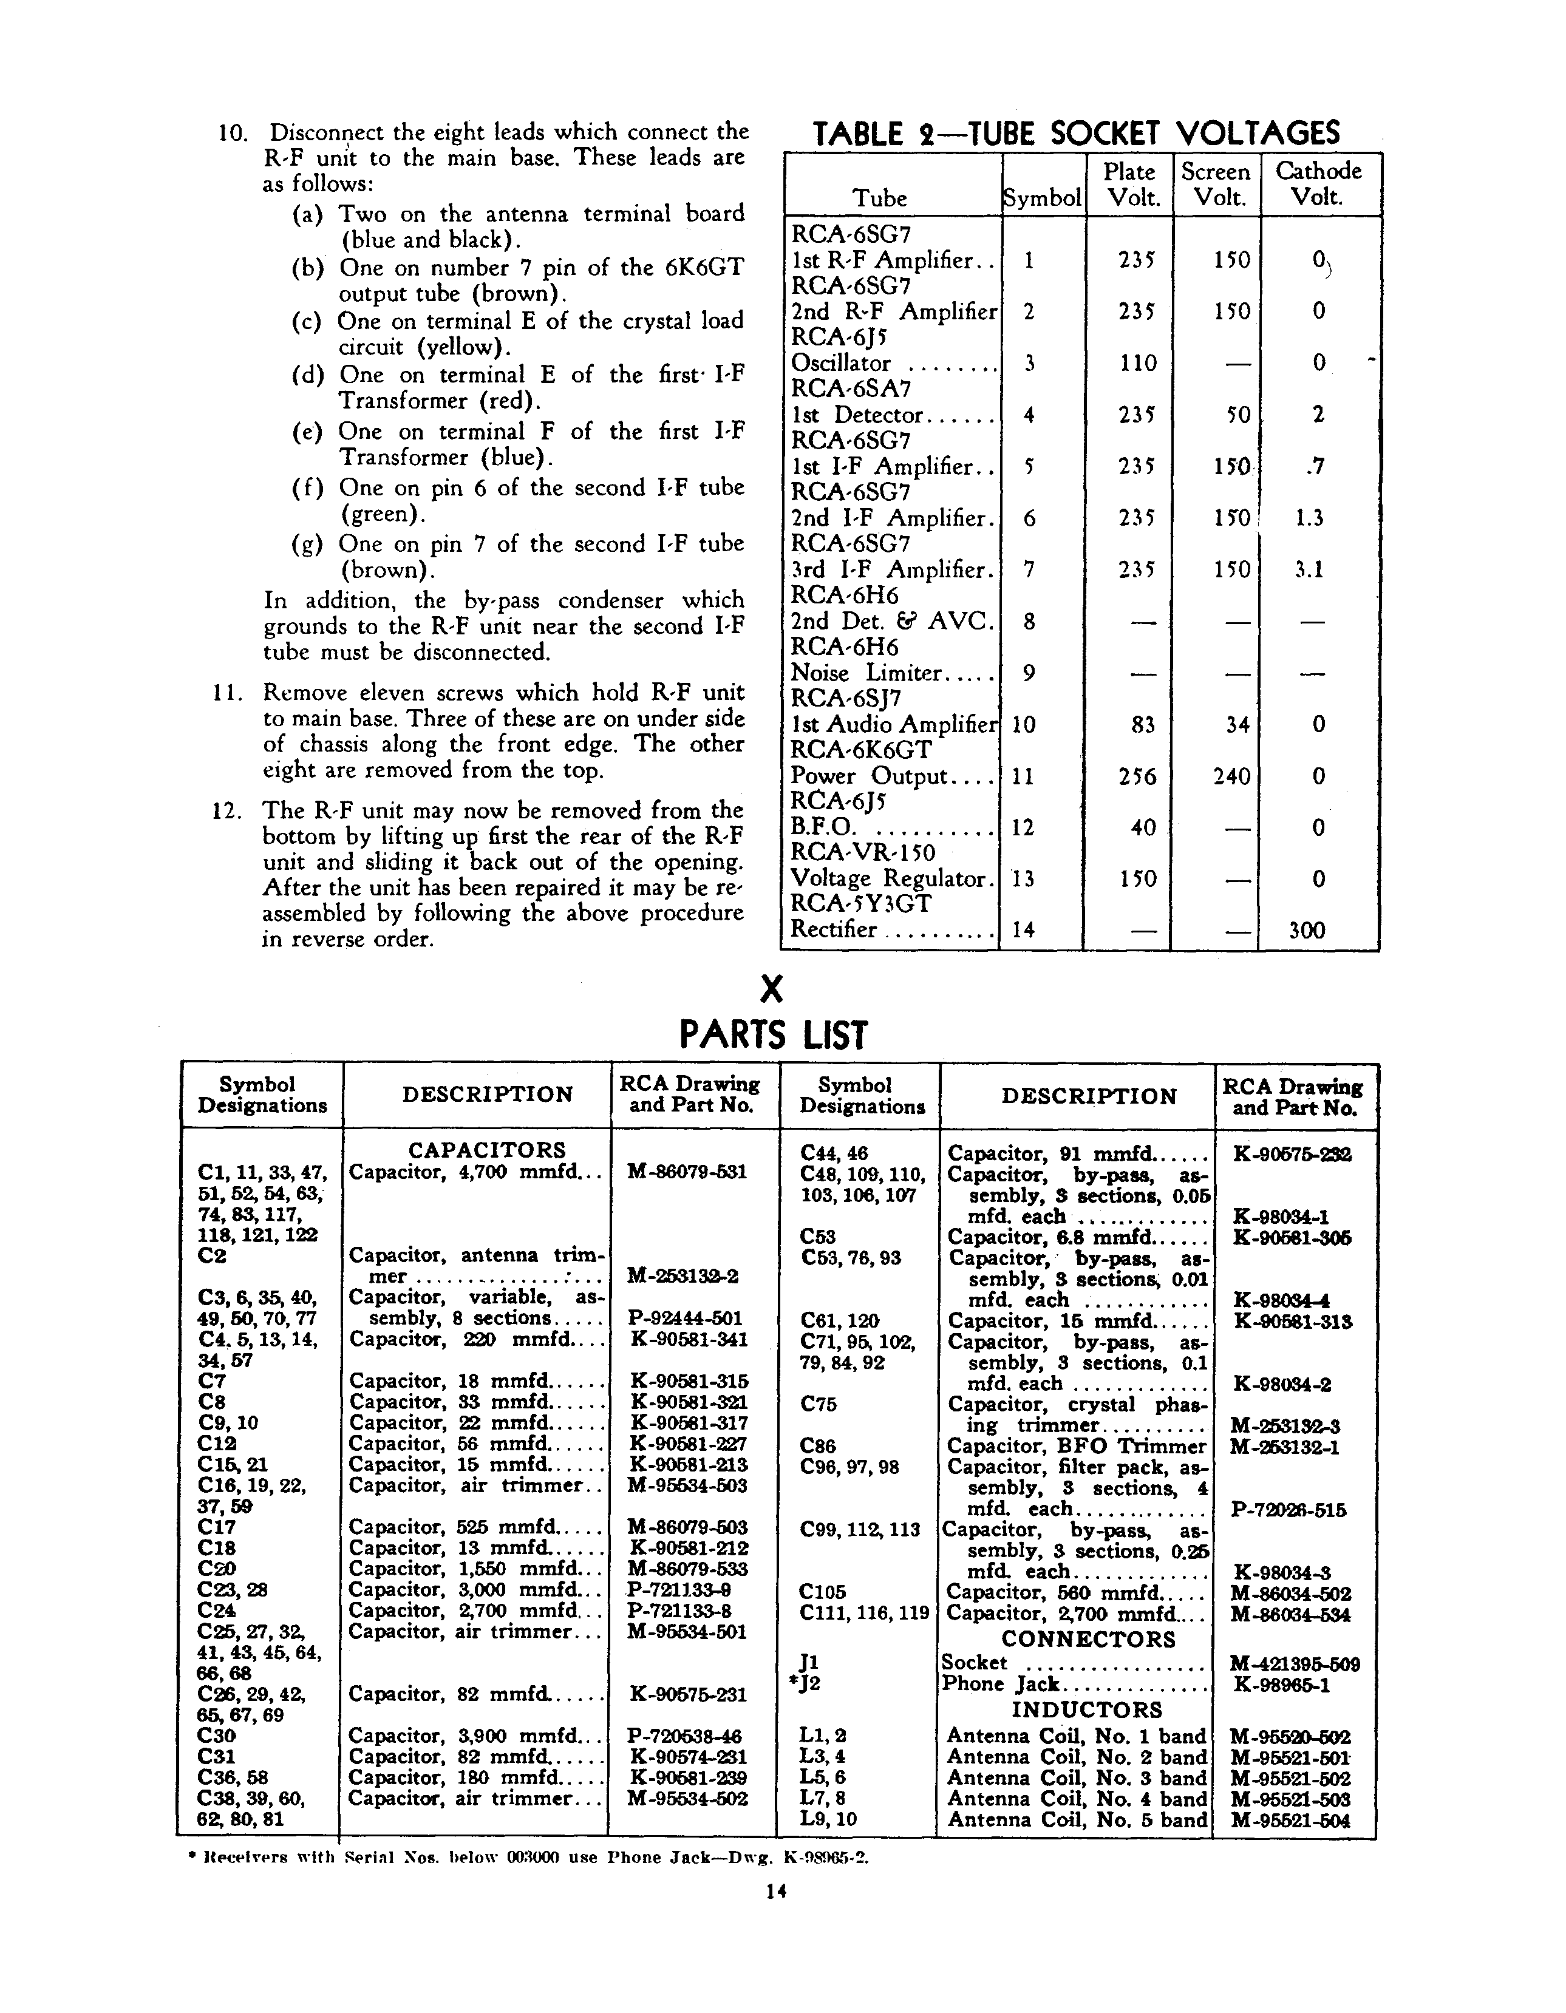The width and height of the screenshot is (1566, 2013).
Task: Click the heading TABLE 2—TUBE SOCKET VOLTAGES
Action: pos(1075,134)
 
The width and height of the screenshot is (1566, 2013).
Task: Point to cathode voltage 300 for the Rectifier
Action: pos(1307,930)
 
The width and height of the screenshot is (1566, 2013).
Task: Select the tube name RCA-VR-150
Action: pos(863,852)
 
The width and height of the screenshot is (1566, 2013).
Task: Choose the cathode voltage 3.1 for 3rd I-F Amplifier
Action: pos(1308,569)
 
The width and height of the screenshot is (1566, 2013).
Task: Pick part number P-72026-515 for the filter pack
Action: pos(1289,1510)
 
